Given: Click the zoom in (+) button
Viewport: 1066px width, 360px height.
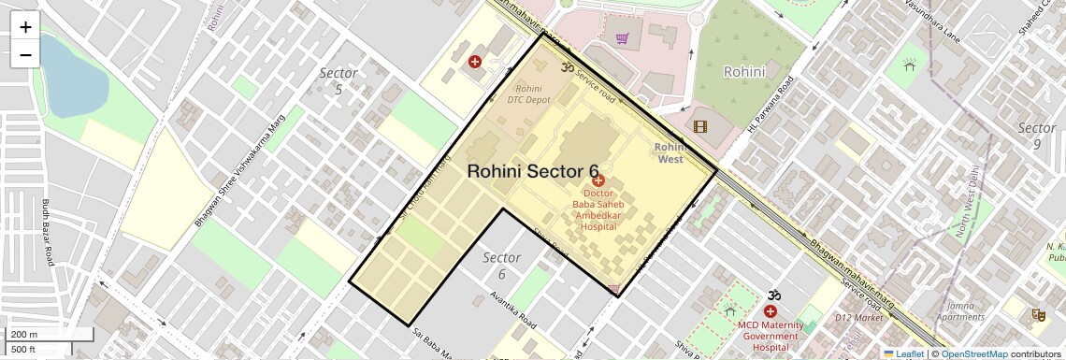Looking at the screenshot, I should pos(25,27).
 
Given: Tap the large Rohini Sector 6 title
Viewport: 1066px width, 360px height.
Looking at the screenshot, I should pos(532,171).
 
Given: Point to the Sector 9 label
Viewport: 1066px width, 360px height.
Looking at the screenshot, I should pos(1036,136).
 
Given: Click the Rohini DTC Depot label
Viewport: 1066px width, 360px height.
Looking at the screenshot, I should pos(528,94).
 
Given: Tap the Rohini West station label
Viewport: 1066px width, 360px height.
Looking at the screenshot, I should pos(670,153).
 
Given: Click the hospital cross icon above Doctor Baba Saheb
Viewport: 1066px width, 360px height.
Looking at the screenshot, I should pos(598,180).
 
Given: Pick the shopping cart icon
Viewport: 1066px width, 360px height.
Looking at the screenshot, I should pos(622,38).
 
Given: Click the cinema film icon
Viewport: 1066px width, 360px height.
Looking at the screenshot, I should pos(700,126).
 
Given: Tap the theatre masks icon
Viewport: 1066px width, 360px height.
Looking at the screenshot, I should pos(1037,316).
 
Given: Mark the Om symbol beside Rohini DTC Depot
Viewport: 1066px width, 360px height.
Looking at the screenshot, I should pos(565,66).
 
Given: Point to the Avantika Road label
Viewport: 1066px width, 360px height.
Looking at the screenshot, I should pos(512,310).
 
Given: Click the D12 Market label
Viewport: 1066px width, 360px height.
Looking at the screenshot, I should pos(865,318).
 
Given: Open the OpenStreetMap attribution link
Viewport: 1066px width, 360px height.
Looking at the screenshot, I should pos(973,353).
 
